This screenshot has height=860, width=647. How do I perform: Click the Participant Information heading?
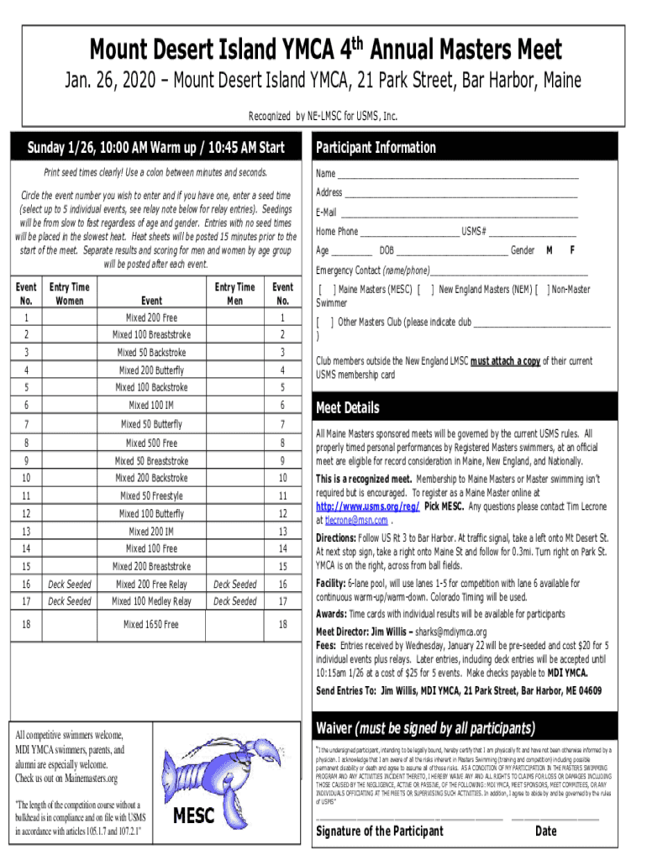coord(376,148)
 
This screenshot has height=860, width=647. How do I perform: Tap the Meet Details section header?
coord(347,408)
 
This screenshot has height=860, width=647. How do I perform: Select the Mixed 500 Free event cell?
coord(152,443)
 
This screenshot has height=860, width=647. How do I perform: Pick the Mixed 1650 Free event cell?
coord(152,624)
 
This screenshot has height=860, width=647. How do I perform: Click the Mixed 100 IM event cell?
coord(152,406)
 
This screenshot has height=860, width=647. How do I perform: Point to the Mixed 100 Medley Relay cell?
coord(152,601)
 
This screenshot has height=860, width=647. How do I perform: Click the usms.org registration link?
coord(366,507)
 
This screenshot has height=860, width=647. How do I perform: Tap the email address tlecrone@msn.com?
coord(351,520)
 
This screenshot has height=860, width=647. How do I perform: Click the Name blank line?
coord(458,176)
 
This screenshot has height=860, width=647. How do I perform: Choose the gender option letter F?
coord(572,250)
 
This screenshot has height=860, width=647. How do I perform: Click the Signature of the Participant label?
coord(379,831)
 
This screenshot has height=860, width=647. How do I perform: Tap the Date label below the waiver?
coord(545,831)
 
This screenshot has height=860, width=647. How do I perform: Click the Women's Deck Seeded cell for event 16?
coord(70,584)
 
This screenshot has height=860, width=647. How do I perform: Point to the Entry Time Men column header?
coord(234,293)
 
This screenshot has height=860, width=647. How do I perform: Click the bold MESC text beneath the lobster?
coord(194,816)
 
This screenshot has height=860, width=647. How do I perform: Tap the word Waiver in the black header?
coord(336,726)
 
